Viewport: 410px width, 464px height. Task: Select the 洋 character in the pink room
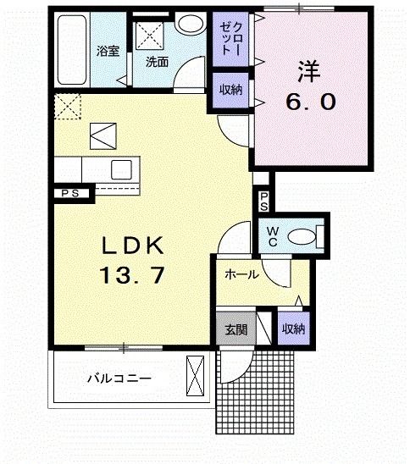click(x=309, y=69)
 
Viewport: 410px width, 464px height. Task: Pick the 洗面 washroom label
click(x=156, y=62)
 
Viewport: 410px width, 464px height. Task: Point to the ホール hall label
click(x=241, y=274)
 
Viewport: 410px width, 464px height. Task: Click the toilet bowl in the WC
click(x=303, y=235)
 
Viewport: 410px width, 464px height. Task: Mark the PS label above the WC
click(x=263, y=202)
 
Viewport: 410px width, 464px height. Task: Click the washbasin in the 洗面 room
click(x=191, y=25)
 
